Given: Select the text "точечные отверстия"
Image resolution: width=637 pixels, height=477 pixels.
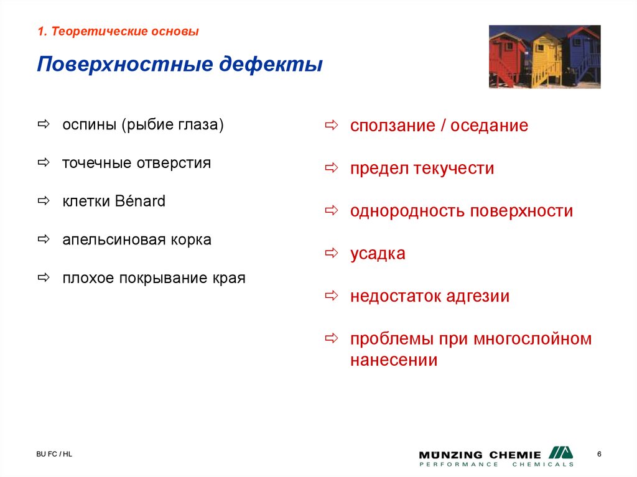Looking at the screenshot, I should (136, 163).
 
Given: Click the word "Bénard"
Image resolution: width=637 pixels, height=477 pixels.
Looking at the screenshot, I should (140, 201).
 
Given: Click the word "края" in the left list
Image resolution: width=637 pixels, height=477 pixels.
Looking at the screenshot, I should (229, 278).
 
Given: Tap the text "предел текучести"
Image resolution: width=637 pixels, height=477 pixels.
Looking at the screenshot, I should (422, 169).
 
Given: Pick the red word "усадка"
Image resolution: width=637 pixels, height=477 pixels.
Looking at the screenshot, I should (378, 254).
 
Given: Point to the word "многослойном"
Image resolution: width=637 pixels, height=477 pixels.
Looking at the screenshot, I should (532, 339).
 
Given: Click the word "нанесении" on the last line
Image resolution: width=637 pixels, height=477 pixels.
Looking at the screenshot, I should (393, 360).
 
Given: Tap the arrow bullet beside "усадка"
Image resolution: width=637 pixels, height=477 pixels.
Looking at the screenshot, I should (331, 253).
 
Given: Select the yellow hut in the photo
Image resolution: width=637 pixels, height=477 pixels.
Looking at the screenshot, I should (546, 59).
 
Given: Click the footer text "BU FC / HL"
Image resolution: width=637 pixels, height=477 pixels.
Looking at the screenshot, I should (54, 455).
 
